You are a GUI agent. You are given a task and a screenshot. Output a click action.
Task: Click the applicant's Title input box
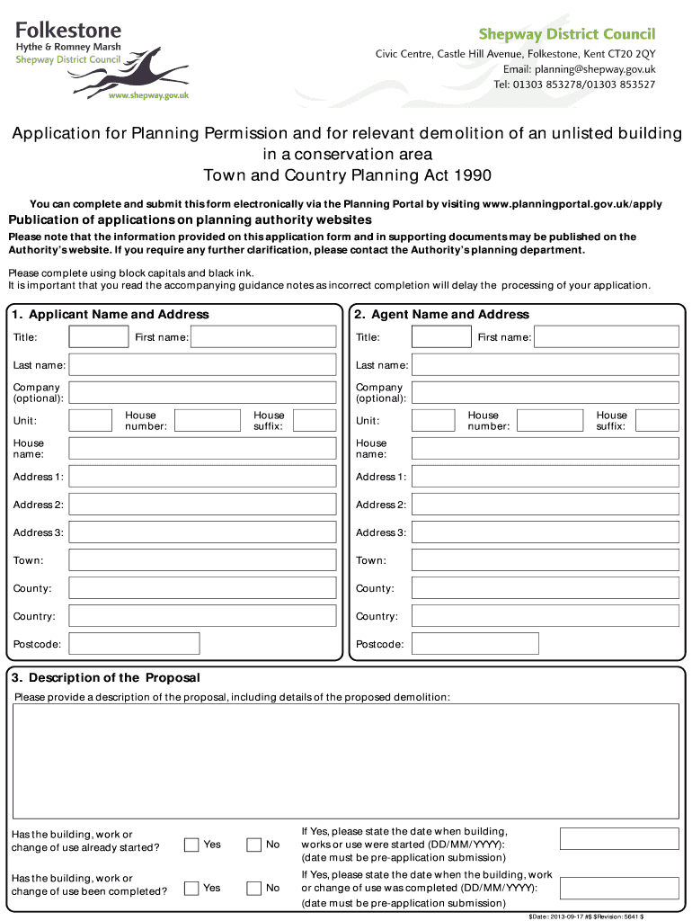(99, 337)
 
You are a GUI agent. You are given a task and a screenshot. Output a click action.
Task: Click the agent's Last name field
(545, 365)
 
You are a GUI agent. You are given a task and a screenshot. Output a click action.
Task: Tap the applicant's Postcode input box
(134, 644)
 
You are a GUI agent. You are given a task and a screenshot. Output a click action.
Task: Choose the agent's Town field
(545, 560)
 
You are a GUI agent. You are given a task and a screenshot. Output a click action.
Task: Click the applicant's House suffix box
(315, 421)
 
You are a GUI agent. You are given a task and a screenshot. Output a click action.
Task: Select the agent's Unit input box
(433, 421)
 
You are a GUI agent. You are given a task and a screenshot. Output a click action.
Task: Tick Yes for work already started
(191, 845)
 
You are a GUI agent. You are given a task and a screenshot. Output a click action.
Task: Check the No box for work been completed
(253, 888)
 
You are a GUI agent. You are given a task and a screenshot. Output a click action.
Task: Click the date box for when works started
(619, 838)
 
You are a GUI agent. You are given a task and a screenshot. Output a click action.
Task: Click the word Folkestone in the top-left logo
(67, 30)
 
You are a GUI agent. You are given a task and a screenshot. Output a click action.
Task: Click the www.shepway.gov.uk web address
(148, 94)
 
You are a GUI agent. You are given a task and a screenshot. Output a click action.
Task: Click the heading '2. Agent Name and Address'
(441, 315)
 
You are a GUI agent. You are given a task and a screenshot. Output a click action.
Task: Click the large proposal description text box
(346, 760)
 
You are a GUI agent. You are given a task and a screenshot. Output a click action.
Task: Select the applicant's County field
(205, 588)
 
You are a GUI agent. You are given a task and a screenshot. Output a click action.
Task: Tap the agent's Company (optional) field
(545, 393)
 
